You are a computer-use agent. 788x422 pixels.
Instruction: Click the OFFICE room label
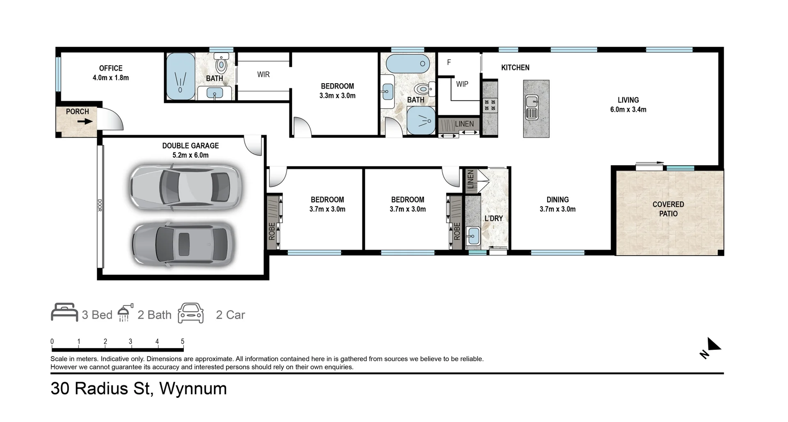[111, 68]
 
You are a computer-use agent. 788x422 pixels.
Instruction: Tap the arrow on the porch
[85, 121]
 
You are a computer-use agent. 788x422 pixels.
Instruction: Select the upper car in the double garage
[186, 188]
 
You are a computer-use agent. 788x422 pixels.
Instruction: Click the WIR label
[263, 75]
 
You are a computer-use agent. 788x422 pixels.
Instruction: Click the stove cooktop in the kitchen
[490, 105]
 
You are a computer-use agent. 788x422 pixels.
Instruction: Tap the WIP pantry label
[462, 84]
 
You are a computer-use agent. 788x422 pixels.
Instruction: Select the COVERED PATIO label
[668, 209]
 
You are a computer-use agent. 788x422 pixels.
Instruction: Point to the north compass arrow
[714, 344]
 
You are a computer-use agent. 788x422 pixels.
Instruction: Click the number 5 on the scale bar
[183, 341]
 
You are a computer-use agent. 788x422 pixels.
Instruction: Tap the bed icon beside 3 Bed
[64, 313]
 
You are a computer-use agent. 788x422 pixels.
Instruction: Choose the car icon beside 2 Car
[191, 313]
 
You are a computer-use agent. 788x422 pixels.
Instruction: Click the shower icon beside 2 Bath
[125, 313]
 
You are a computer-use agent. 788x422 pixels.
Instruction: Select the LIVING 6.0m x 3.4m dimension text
[628, 109]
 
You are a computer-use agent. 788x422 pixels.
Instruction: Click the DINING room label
[557, 200]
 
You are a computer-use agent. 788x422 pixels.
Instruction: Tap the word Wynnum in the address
[193, 388]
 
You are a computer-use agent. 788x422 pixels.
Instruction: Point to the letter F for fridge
[449, 62]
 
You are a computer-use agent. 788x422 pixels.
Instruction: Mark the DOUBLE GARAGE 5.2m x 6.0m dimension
[190, 155]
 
